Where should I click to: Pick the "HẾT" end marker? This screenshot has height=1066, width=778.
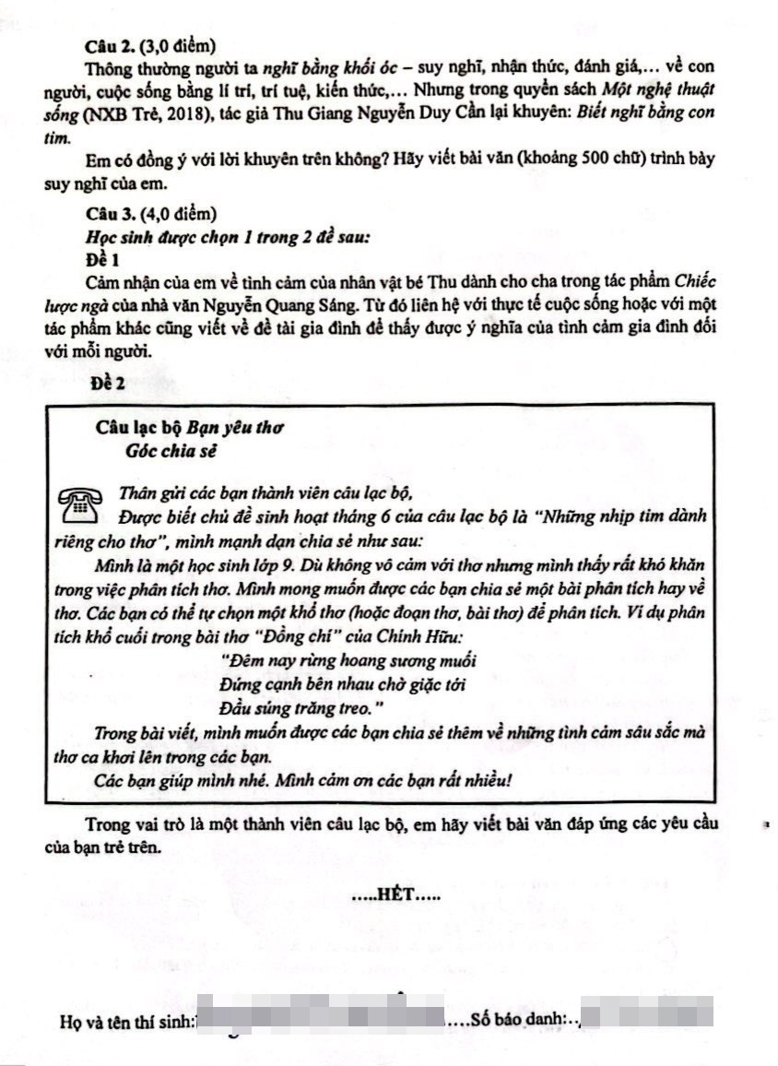(396, 894)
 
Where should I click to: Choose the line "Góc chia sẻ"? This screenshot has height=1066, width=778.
(173, 451)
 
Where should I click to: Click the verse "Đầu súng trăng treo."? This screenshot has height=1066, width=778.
(301, 707)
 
